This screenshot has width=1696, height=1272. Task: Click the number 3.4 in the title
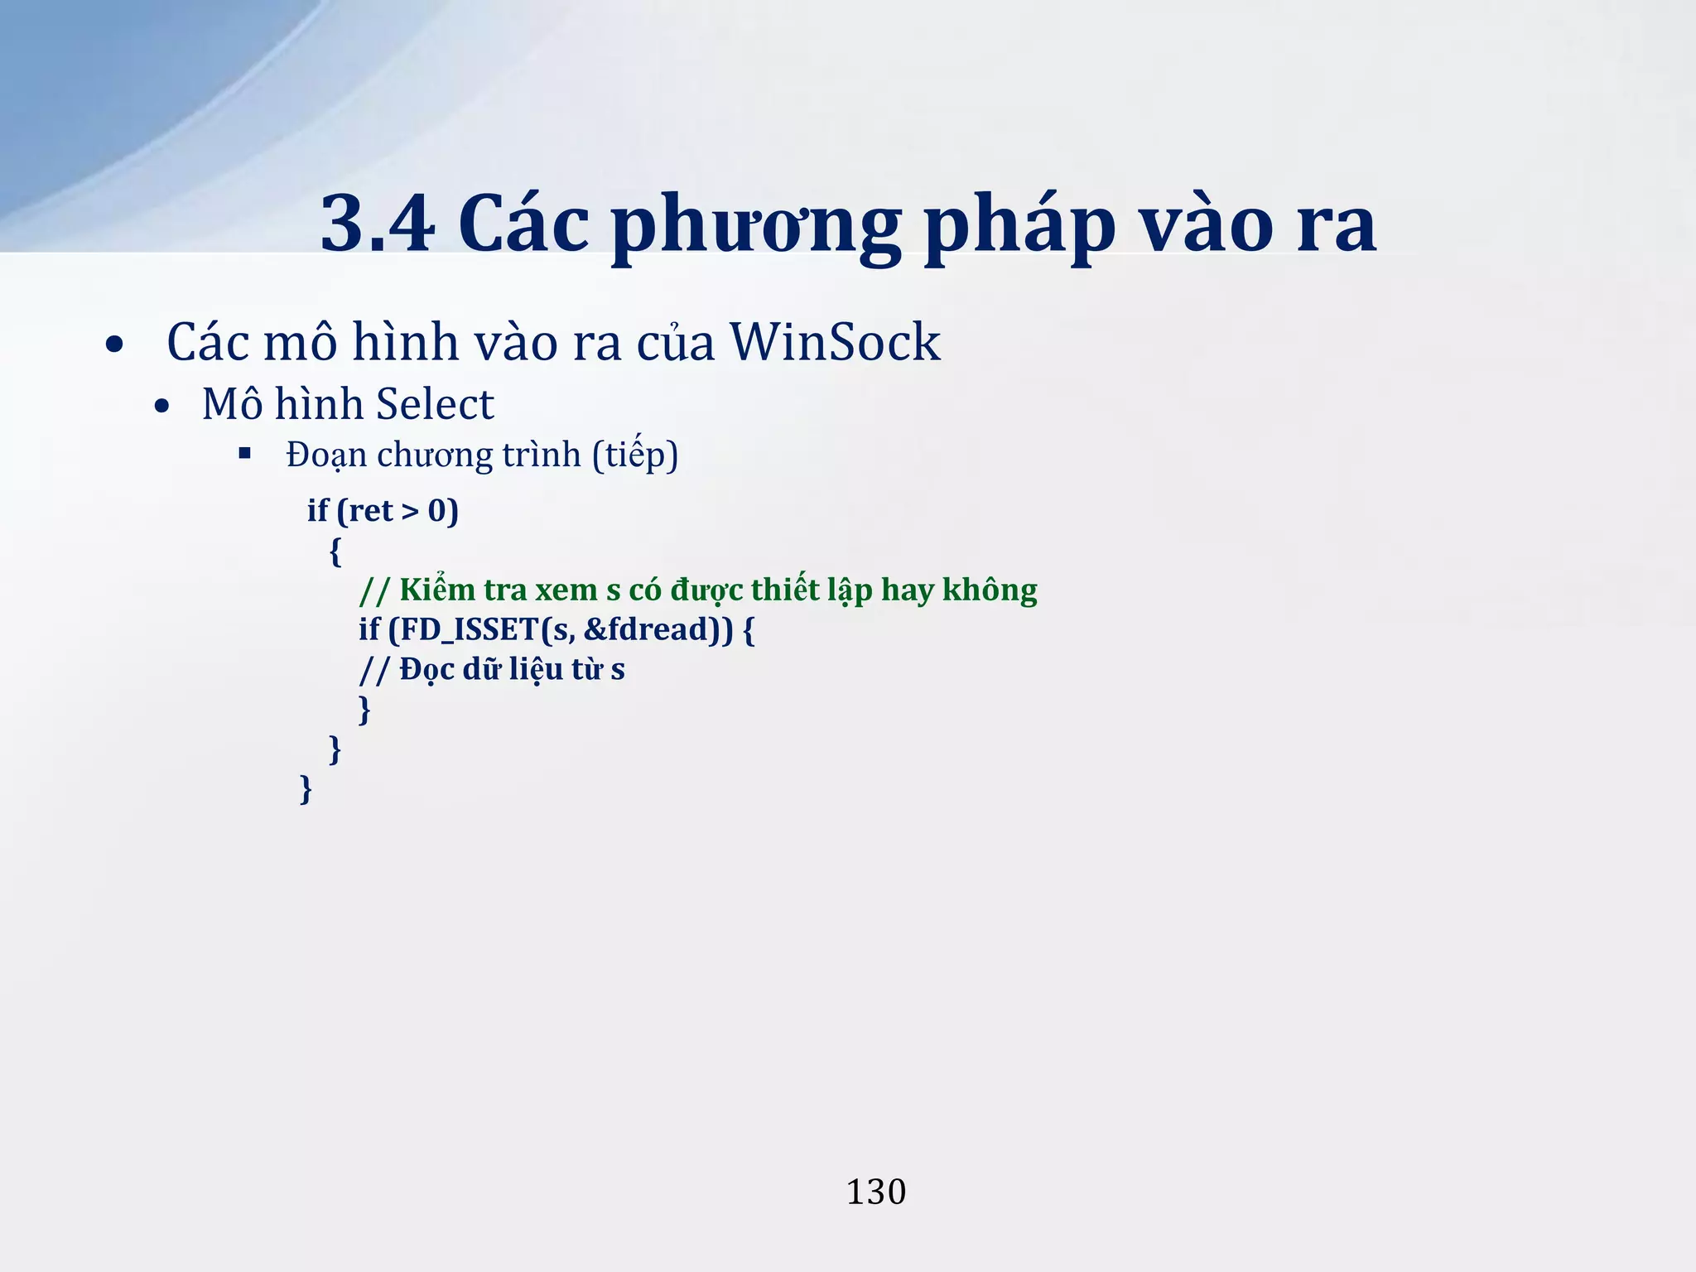tap(378, 224)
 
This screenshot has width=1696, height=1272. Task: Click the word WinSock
tap(835, 342)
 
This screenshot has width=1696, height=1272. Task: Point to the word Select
tap(435, 405)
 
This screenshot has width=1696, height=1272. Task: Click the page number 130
tap(875, 1192)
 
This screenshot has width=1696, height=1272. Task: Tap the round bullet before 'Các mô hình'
tap(115, 344)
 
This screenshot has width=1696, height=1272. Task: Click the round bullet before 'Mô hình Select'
tap(162, 407)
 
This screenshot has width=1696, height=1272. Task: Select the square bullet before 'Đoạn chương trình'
tap(244, 453)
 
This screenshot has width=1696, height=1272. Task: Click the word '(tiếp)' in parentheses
tap(635, 455)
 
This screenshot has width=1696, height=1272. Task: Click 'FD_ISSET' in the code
tap(469, 630)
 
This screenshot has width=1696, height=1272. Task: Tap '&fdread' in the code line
tap(648, 630)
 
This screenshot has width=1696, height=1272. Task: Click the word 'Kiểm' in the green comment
tap(436, 590)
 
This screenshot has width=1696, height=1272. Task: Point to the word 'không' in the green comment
tap(990, 590)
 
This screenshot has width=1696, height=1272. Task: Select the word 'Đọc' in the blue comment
tap(426, 670)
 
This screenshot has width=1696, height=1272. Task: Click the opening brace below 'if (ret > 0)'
tap(335, 551)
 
